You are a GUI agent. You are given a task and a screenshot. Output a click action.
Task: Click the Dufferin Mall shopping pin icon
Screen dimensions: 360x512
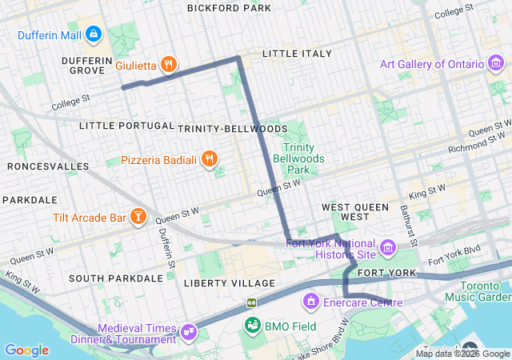tap(94, 34)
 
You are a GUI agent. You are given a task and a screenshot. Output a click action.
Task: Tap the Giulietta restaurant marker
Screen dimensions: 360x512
tap(168, 65)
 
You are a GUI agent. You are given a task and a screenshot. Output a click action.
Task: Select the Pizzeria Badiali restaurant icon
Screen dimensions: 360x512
tap(209, 159)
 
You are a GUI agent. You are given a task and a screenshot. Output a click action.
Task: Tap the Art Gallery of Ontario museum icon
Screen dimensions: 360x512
tap(496, 64)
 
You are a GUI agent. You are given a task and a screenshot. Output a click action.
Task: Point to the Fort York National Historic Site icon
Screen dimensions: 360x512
tap(388, 247)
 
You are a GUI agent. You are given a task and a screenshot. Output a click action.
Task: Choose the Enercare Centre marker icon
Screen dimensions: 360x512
tap(310, 302)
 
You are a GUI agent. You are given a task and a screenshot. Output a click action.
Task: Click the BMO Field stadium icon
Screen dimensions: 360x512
tap(254, 325)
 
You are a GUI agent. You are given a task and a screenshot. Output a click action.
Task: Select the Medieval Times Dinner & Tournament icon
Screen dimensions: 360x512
tap(189, 330)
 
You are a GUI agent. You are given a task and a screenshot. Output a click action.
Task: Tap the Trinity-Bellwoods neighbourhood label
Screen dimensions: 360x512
tap(232, 129)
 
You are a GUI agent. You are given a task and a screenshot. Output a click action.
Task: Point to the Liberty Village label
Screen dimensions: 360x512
tap(229, 283)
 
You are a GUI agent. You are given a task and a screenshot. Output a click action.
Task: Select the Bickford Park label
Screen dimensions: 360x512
tap(229, 8)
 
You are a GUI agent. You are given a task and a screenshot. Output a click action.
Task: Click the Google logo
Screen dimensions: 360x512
tap(26, 350)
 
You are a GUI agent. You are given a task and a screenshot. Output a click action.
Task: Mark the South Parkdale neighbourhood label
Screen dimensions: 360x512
tap(115, 278)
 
